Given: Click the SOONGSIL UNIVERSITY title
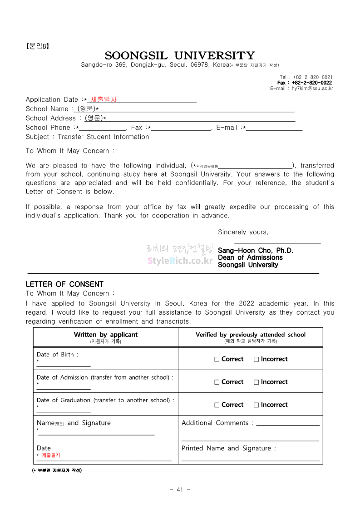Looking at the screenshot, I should coord(180,56).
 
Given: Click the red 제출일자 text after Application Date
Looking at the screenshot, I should coord(104,99).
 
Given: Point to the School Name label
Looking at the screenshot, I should coord(47,109).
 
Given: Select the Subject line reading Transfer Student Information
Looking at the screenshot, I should coord(87,137).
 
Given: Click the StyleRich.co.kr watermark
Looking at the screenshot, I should coord(180,261).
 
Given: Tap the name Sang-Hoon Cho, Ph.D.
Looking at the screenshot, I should coord(256,250).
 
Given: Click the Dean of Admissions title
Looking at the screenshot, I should coord(250,257).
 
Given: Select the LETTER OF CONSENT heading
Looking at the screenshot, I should coord(64,284).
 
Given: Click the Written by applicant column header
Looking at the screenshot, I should coord(105,335).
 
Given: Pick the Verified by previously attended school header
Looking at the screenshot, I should coord(251,335).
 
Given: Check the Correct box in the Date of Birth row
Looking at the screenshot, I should coord(217,359).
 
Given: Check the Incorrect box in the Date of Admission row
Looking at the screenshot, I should coord(256,382).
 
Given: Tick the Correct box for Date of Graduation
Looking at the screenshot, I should coord(217,405).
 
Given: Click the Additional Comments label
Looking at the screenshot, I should coord(217,423).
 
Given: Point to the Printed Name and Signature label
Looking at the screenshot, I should coord(229,448).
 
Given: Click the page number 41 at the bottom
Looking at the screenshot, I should coord(180,489).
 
